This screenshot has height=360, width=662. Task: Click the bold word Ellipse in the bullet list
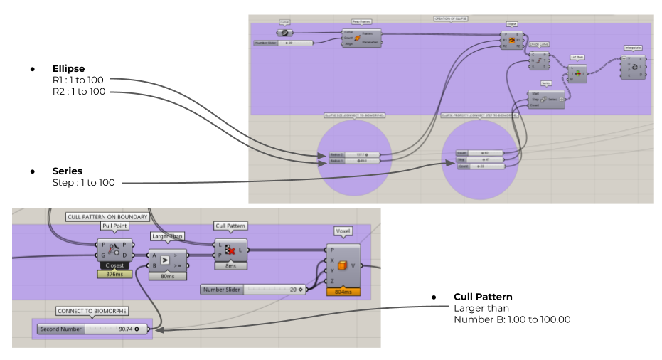tap(68, 69)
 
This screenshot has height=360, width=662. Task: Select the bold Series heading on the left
tap(67, 171)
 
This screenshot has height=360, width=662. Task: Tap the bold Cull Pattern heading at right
tap(483, 297)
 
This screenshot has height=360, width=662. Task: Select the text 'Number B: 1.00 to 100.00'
tap(512, 319)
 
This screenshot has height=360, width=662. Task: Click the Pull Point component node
tap(114, 250)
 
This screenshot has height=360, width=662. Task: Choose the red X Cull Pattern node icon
tap(230, 250)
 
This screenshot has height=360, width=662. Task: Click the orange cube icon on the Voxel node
tap(343, 265)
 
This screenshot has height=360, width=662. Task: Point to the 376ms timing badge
tap(114, 275)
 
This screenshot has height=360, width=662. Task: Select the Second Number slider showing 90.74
tap(92, 329)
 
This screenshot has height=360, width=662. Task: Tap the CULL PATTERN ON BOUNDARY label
tap(107, 216)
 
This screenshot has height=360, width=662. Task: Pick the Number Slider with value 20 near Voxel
tap(253, 290)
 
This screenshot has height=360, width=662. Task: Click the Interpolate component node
tap(632, 65)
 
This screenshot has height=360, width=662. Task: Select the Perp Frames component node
tap(362, 38)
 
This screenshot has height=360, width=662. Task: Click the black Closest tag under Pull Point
tap(114, 265)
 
